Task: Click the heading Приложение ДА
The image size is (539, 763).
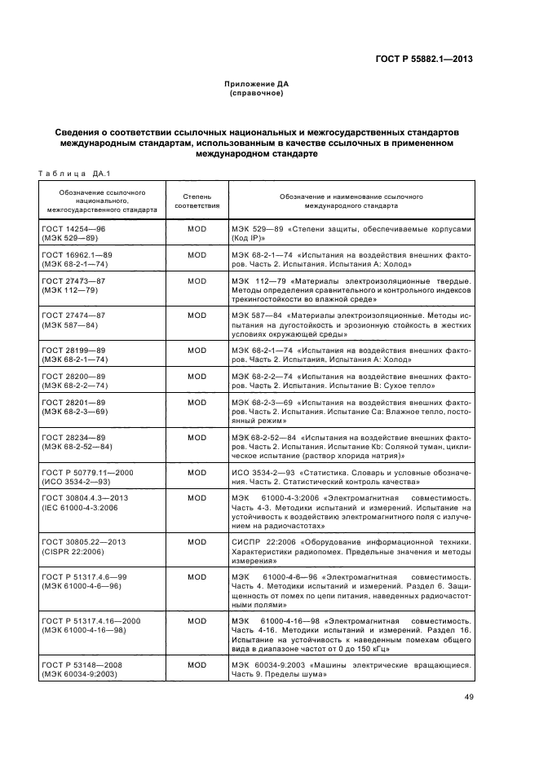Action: tap(256, 84)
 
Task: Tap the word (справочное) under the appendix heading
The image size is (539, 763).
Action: tap(256, 93)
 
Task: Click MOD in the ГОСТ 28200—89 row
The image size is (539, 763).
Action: tap(197, 376)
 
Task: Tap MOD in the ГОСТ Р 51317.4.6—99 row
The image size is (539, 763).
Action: tap(197, 576)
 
